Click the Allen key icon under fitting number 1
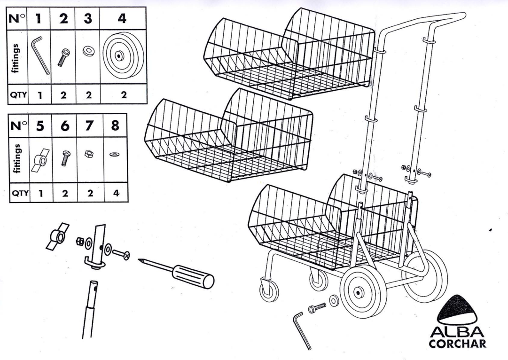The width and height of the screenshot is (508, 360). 40,55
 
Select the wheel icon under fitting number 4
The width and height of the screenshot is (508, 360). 118,55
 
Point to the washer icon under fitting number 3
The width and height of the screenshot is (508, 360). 87,51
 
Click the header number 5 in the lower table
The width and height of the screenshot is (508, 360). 40,125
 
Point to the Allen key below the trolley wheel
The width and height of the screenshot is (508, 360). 301,329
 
